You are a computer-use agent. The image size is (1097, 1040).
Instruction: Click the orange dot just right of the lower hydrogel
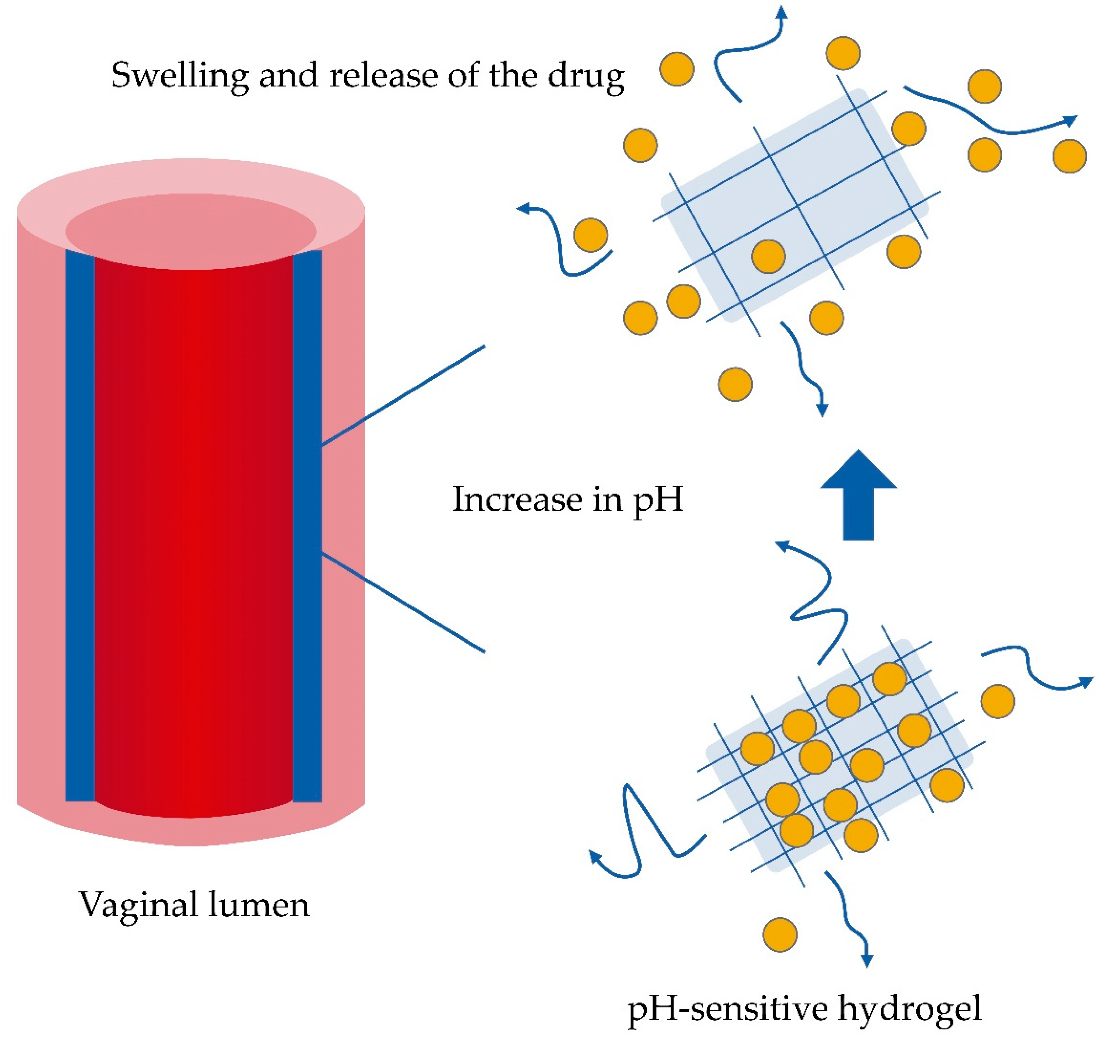click(998, 701)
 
